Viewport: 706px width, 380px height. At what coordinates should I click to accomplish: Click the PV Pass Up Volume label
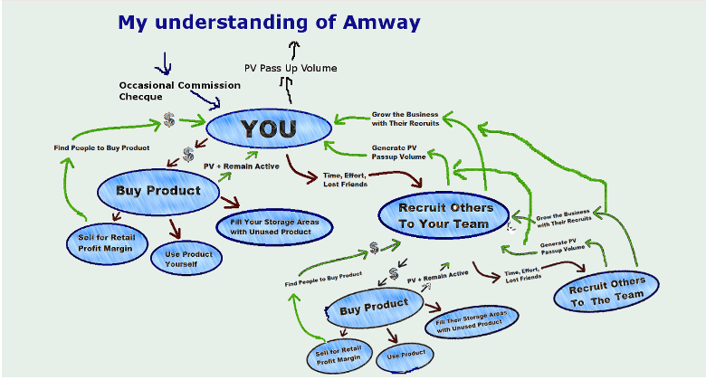(291, 69)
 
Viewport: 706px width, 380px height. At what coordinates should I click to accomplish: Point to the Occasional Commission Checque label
(179, 90)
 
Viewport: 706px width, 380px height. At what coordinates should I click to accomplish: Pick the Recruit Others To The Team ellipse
(607, 289)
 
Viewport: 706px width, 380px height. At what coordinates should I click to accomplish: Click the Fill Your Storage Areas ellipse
(275, 226)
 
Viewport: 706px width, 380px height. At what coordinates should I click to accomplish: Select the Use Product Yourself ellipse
(188, 260)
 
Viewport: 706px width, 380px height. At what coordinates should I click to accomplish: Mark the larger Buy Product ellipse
(158, 191)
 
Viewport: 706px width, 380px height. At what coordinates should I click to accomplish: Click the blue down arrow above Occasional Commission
(164, 63)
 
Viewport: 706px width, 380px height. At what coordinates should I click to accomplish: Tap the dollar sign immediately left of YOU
(170, 120)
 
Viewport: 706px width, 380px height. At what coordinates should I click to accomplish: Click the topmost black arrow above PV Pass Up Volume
(293, 49)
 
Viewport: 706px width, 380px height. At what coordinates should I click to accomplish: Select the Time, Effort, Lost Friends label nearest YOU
(345, 179)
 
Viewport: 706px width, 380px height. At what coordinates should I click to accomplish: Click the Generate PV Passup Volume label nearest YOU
(399, 151)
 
